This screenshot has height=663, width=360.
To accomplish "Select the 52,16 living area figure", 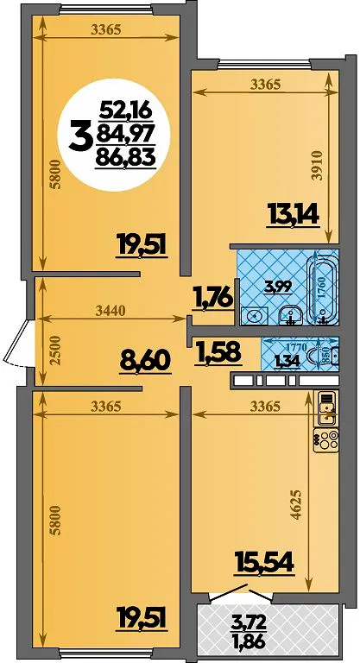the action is pyautogui.click(x=125, y=112).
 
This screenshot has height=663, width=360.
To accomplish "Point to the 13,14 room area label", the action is pyautogui.click(x=293, y=215).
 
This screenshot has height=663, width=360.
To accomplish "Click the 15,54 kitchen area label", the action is pyautogui.click(x=265, y=562).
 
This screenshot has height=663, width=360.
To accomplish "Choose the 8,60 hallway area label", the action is pyautogui.click(x=145, y=363).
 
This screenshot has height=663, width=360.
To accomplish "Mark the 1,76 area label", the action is pyautogui.click(x=212, y=296).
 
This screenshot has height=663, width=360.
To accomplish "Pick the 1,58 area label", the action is pyautogui.click(x=218, y=352).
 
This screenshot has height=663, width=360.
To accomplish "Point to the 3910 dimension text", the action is pyautogui.click(x=319, y=166).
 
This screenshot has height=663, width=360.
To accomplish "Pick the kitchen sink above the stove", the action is pyautogui.click(x=326, y=408).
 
